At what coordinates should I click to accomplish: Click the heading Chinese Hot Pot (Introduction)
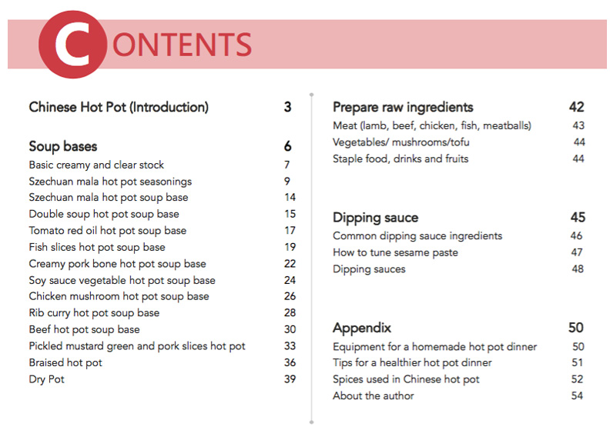[x=119, y=108]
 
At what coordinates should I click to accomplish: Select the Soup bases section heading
[x=63, y=146]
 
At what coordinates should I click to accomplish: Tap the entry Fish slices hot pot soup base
[x=97, y=247]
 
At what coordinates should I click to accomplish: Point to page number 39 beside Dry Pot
[x=290, y=379]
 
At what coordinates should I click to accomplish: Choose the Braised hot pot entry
[x=65, y=362]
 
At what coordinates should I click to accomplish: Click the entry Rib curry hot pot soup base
[x=94, y=313]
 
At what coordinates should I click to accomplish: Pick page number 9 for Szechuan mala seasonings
[x=287, y=182]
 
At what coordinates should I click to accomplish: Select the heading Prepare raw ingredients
[x=403, y=108]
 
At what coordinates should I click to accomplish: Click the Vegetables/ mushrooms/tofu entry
[x=401, y=142]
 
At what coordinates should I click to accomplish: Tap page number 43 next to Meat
[x=578, y=125]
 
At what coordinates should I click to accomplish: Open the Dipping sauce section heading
[x=375, y=218]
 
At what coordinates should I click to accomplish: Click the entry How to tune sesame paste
[x=395, y=252]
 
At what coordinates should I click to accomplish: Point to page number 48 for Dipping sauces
[x=578, y=269]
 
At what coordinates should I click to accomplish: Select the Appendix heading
[x=362, y=328]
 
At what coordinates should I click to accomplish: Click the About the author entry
[x=373, y=395]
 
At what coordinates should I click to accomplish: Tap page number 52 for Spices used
[x=578, y=379]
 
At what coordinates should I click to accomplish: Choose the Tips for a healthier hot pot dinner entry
[x=412, y=362]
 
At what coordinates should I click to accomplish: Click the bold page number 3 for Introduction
[x=287, y=108]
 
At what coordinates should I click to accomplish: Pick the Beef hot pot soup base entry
[x=85, y=329]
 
